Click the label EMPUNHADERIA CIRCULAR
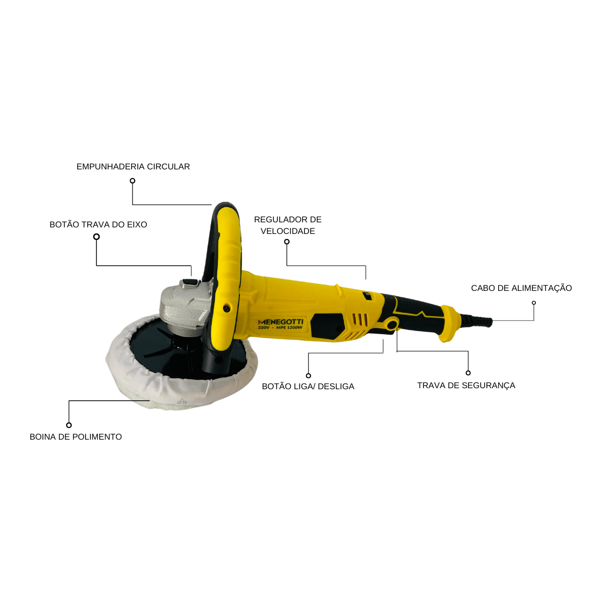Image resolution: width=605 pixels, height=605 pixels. pyautogui.click(x=133, y=166)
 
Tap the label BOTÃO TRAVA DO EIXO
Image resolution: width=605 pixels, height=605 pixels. pyautogui.click(x=98, y=224)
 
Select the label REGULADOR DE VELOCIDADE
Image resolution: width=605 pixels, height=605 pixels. pyautogui.click(x=288, y=225)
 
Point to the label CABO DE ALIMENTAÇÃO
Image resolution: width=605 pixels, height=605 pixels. pyautogui.click(x=521, y=288)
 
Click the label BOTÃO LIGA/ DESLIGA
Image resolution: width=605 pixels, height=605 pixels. pyautogui.click(x=308, y=386)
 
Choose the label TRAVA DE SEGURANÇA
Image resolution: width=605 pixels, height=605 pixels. pyautogui.click(x=466, y=385)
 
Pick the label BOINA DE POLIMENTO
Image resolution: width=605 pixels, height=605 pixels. pyautogui.click(x=76, y=437)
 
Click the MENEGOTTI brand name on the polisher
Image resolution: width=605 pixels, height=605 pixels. pyautogui.click(x=280, y=322)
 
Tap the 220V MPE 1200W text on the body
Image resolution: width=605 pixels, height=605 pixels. pyautogui.click(x=280, y=328)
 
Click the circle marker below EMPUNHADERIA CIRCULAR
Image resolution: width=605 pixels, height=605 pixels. pyautogui.click(x=133, y=181)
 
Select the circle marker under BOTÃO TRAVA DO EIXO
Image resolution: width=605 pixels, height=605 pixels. pyautogui.click(x=96, y=237)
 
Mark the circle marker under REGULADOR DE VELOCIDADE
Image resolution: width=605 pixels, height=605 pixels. pyautogui.click(x=287, y=242)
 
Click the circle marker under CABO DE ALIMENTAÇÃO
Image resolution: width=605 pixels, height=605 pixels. pyautogui.click(x=534, y=302)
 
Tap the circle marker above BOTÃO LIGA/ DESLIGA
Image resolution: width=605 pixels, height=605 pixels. pyautogui.click(x=309, y=376)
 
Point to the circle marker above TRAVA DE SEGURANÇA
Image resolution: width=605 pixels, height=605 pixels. pyautogui.click(x=468, y=373)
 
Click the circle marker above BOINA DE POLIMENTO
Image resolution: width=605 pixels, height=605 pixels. pyautogui.click(x=69, y=425)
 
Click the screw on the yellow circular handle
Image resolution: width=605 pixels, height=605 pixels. pyautogui.click(x=225, y=309)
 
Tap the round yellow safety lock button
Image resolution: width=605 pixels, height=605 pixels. pyautogui.click(x=392, y=324)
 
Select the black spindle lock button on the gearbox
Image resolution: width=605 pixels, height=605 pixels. pyautogui.click(x=190, y=282)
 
